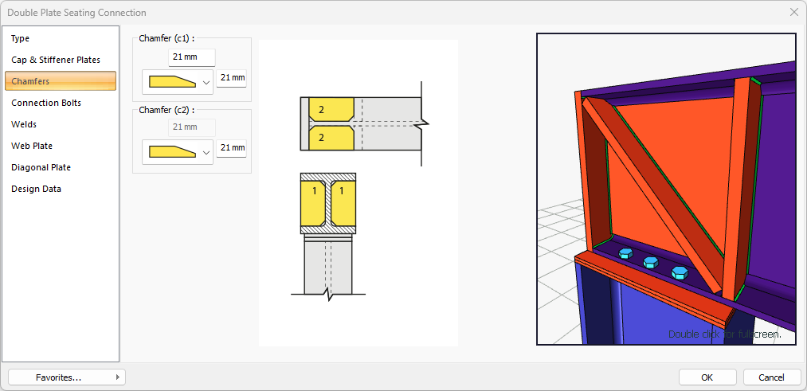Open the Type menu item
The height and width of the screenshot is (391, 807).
pos(21,38)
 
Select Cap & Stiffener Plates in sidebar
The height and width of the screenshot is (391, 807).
pos(56,61)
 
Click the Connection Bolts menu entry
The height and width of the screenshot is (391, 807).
pos(46,103)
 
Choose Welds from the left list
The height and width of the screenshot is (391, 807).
pos(24,124)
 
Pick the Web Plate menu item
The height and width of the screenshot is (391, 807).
pos(32,146)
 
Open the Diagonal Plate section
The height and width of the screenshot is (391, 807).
pos(41,168)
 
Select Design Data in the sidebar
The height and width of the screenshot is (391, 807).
pos(36,190)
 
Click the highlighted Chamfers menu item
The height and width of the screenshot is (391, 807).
pos(61,81)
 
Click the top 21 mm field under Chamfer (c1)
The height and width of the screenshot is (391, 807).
pos(192,57)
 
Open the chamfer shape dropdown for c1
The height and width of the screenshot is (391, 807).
pos(178,82)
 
